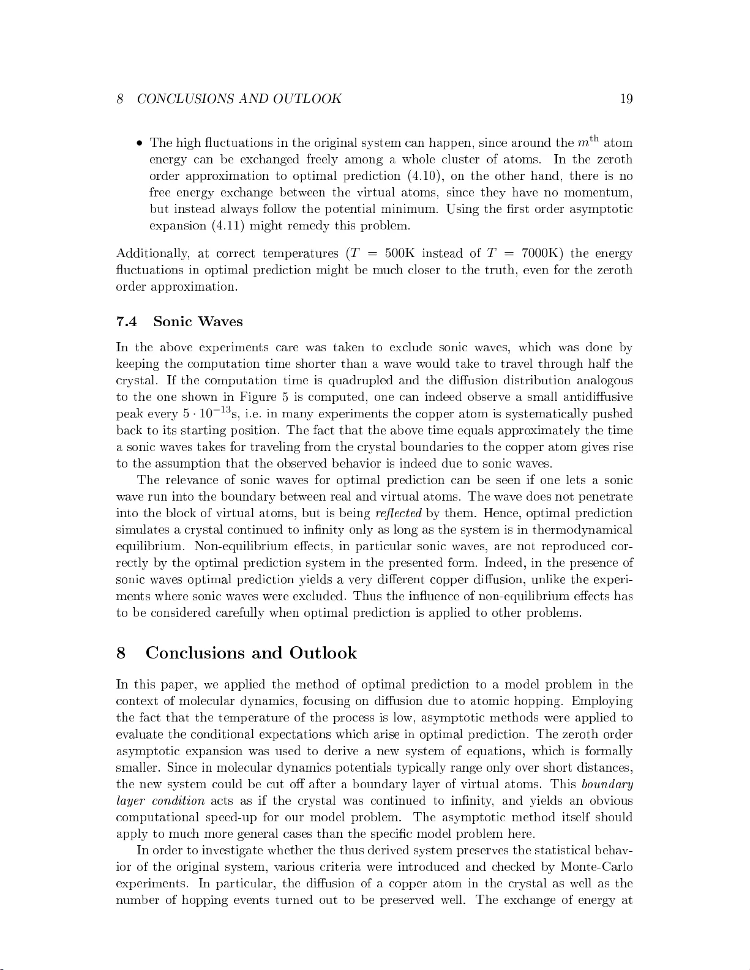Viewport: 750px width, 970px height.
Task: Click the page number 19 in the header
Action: [626, 99]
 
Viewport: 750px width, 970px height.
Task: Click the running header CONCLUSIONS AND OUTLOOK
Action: [239, 99]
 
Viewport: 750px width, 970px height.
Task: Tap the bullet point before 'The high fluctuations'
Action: [140, 144]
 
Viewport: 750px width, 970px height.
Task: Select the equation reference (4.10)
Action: [422, 176]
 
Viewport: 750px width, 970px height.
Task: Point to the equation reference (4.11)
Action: [227, 226]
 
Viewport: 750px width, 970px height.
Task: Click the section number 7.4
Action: [127, 322]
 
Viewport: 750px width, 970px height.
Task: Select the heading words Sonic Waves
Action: [198, 322]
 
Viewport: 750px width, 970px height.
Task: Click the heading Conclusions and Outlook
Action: [251, 653]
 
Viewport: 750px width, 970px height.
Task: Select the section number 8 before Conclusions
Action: [121, 653]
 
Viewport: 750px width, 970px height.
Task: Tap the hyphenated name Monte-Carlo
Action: [596, 868]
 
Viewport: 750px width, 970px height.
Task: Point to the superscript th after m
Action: [591, 138]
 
